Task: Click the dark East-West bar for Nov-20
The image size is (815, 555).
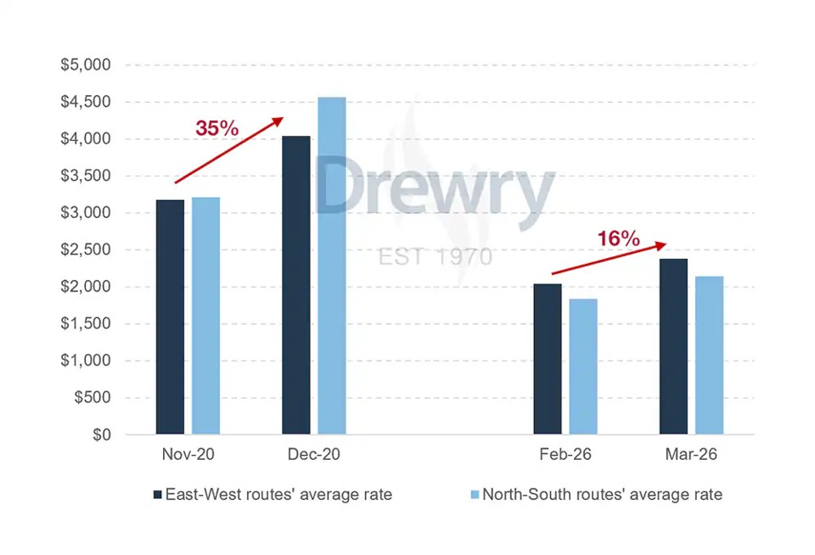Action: [170, 317]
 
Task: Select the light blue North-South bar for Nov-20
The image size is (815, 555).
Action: [205, 316]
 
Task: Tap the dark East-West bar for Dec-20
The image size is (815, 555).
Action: [295, 285]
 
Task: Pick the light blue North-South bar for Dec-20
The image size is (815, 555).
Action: [332, 266]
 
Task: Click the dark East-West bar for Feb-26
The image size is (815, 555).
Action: [548, 359]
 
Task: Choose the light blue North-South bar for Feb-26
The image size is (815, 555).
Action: [583, 367]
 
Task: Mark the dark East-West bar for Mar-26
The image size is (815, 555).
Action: [673, 346]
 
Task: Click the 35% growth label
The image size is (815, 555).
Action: [217, 129]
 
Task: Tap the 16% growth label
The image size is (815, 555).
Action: [618, 238]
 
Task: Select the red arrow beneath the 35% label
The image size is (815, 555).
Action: [229, 150]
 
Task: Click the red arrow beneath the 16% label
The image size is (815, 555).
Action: [609, 259]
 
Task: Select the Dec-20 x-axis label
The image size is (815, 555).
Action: [313, 455]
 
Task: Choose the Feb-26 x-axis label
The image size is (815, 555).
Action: [565, 455]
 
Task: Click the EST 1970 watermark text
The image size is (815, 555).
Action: [435, 255]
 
